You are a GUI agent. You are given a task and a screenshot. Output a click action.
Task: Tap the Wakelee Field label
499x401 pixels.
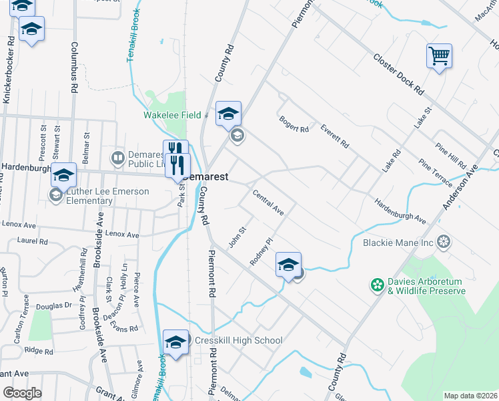click(172, 115)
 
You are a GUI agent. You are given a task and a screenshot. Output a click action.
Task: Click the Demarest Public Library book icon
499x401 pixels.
click(118, 158)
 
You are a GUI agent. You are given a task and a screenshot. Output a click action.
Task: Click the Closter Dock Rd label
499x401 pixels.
click(399, 74)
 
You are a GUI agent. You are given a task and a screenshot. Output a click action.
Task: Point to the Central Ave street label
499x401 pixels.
click(268, 203)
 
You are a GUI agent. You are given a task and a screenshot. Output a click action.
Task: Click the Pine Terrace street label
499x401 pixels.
click(435, 173)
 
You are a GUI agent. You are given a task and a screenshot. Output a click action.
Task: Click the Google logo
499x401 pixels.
click(22, 393)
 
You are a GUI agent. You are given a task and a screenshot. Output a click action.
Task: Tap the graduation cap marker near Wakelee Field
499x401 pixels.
click(228, 114)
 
